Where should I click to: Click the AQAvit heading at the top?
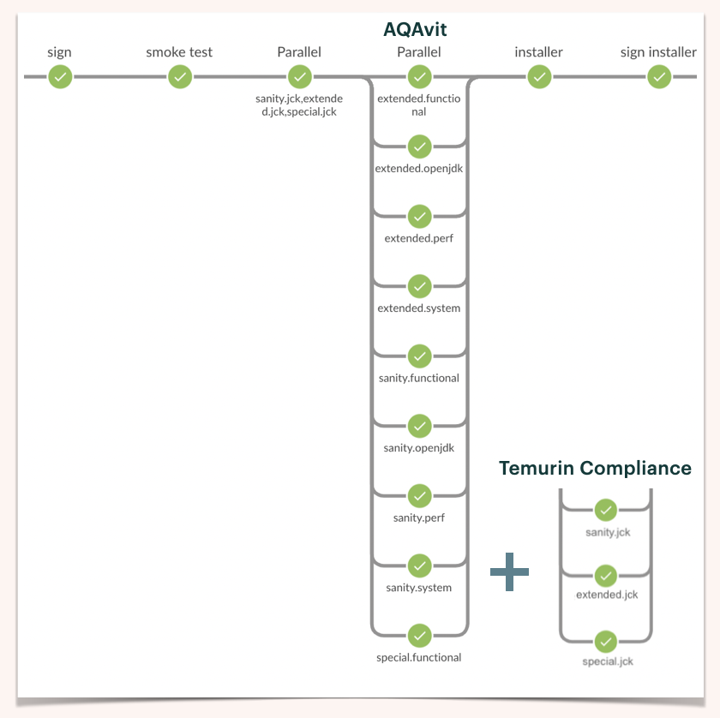415,30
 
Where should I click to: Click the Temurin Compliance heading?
595,468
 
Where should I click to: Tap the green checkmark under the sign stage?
59,77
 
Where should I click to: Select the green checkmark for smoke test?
179,77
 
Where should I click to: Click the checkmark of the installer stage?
538,77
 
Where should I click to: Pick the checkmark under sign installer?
658,77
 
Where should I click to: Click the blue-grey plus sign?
509,571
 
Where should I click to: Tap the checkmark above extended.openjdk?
419,147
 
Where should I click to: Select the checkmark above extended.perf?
419,216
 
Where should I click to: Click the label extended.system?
419,308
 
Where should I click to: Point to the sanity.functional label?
419,378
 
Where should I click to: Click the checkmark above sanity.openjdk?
419,426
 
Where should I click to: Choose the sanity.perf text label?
419,518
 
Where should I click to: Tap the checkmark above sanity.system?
419,565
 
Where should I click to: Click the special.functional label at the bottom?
419,658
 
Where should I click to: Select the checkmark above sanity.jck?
606,511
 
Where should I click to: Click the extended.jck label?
607,595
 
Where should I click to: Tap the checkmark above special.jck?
606,641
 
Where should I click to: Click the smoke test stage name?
179,52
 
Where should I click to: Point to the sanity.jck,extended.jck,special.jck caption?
299,105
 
